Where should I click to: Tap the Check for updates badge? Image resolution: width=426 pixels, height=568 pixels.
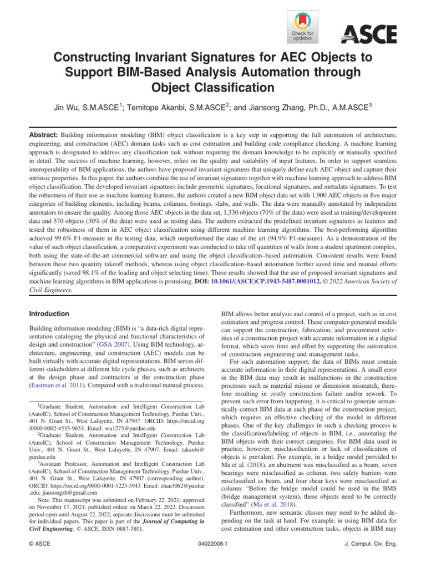(302, 27)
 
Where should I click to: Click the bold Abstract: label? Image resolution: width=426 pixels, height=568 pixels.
(43, 135)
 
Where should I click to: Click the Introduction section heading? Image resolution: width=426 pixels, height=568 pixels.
(52, 314)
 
